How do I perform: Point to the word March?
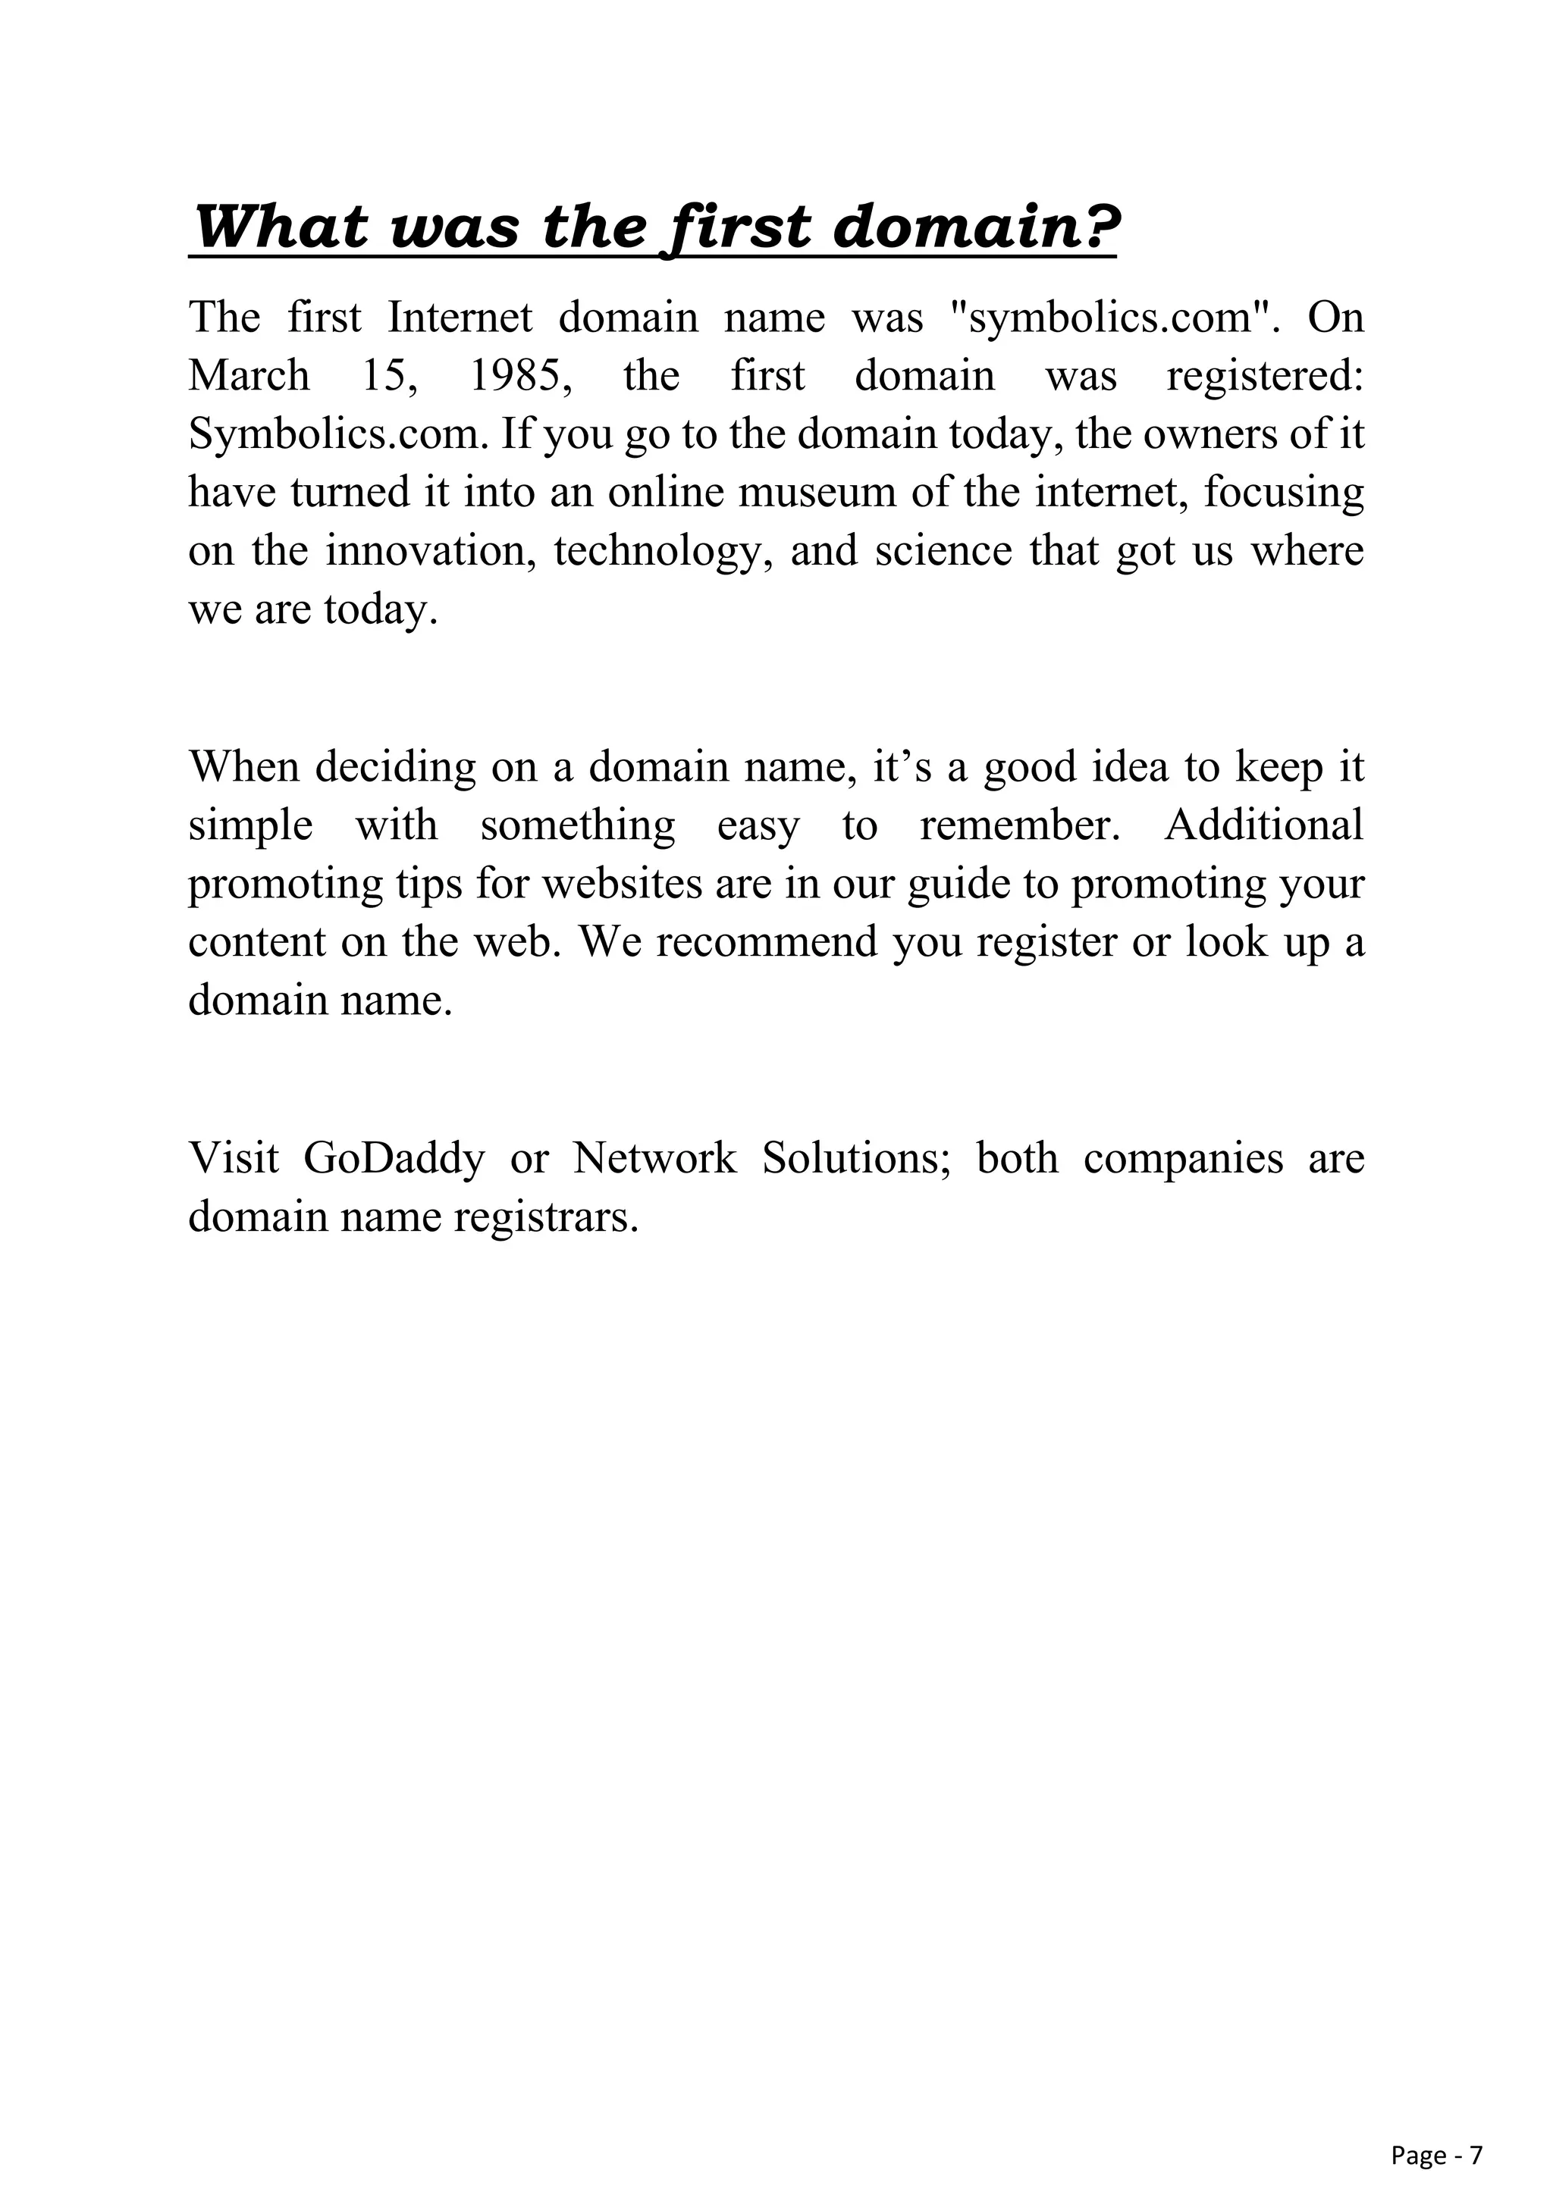[x=249, y=376]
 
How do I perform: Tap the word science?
[x=943, y=552]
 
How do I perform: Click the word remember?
[x=1018, y=825]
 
